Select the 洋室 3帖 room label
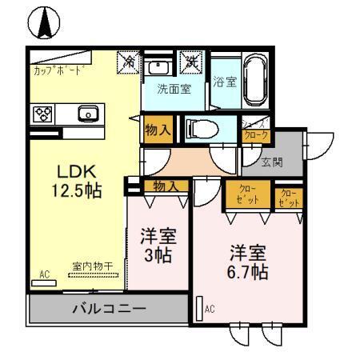pos(158,246)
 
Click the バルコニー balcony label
pos(110,308)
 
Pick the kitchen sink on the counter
pos(89,114)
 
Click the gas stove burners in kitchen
pos(42,114)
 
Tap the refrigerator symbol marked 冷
pos(128,61)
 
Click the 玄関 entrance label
pos(272,162)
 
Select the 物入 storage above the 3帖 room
pos(164,186)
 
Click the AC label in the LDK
pos(45,274)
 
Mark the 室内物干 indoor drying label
pos(92,266)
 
